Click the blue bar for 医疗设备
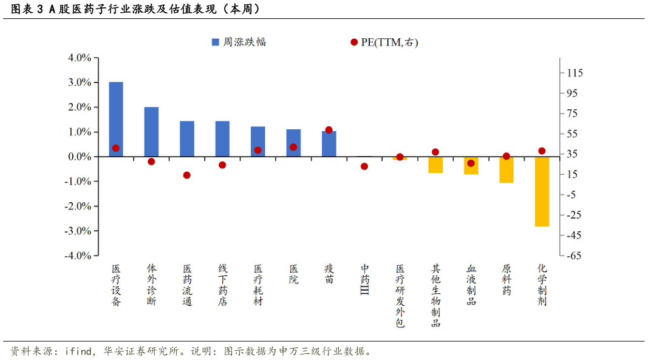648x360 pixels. tap(116, 119)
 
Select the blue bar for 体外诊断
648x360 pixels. tap(151, 132)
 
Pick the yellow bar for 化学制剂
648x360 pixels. tap(542, 191)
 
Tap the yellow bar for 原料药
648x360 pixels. tap(506, 169)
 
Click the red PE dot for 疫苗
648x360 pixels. tap(329, 130)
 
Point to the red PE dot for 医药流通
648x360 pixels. tap(187, 175)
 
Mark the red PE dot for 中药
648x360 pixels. tap(364, 166)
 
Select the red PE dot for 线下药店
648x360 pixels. tap(222, 165)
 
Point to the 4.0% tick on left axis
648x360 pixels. tap(80, 58)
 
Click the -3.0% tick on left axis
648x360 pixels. tap(78, 231)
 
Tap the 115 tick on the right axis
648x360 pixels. tap(575, 73)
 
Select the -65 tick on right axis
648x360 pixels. tap(573, 256)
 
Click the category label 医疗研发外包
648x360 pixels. tap(400, 296)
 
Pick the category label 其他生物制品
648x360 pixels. tap(435, 296)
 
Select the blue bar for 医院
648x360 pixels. tap(293, 143)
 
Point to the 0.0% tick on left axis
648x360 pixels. tap(80, 157)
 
